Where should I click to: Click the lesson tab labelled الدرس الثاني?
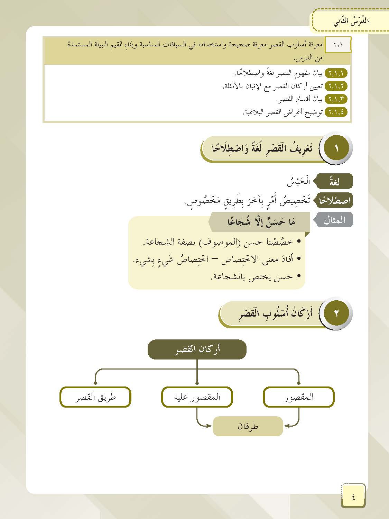pyautogui.click(x=351, y=21)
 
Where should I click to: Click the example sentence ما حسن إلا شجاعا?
pyautogui.click(x=261, y=222)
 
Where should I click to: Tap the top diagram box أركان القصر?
pyautogui.click(x=197, y=349)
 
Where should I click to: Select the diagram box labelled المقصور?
pyautogui.click(x=299, y=397)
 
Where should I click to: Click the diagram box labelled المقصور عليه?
pyautogui.click(x=197, y=397)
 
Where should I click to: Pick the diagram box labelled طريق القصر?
pyautogui.click(x=95, y=397)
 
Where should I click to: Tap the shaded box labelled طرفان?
pyautogui.click(x=248, y=426)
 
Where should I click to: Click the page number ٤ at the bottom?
pyautogui.click(x=353, y=497)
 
